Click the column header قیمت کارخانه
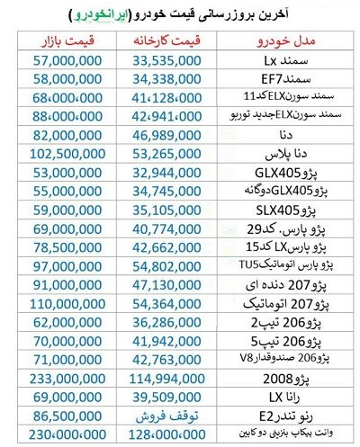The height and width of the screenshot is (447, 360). tap(175, 41)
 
